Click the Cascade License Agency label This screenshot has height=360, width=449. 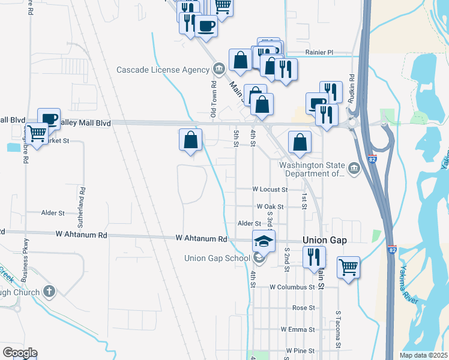tap(163, 70)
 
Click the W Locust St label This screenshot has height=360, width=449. tap(270, 189)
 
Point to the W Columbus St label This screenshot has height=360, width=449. tap(292, 287)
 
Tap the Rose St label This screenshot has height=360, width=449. tap(303, 308)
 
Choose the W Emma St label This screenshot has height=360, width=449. tap(297, 329)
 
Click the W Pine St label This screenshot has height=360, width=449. tap(301, 350)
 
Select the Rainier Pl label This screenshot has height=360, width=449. tap(319, 53)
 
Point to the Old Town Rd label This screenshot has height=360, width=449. tap(213, 100)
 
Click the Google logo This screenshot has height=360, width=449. tap(19, 353)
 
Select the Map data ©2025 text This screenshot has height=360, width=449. tap(423, 355)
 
